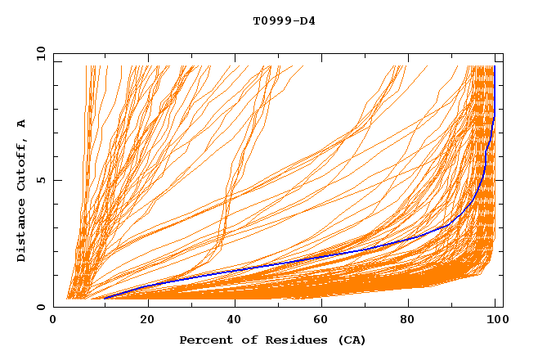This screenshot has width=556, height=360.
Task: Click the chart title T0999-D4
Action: click(x=284, y=21)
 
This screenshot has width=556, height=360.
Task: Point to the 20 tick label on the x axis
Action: click(x=147, y=321)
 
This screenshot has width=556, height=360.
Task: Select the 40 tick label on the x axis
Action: click(x=235, y=321)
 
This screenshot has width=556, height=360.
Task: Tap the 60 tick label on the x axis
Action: click(x=324, y=321)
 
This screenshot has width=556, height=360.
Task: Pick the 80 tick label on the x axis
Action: click(x=412, y=321)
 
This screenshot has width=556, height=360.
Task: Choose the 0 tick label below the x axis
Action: click(x=54, y=321)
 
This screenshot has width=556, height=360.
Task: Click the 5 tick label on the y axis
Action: click(x=41, y=180)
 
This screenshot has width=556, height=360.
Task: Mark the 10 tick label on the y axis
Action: click(x=38, y=54)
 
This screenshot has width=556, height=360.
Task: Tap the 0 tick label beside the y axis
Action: click(x=41, y=307)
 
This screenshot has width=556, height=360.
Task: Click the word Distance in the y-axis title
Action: click(x=22, y=231)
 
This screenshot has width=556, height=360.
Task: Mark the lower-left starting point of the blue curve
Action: click(x=104, y=299)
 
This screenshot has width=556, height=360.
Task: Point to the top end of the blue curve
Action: click(x=494, y=67)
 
